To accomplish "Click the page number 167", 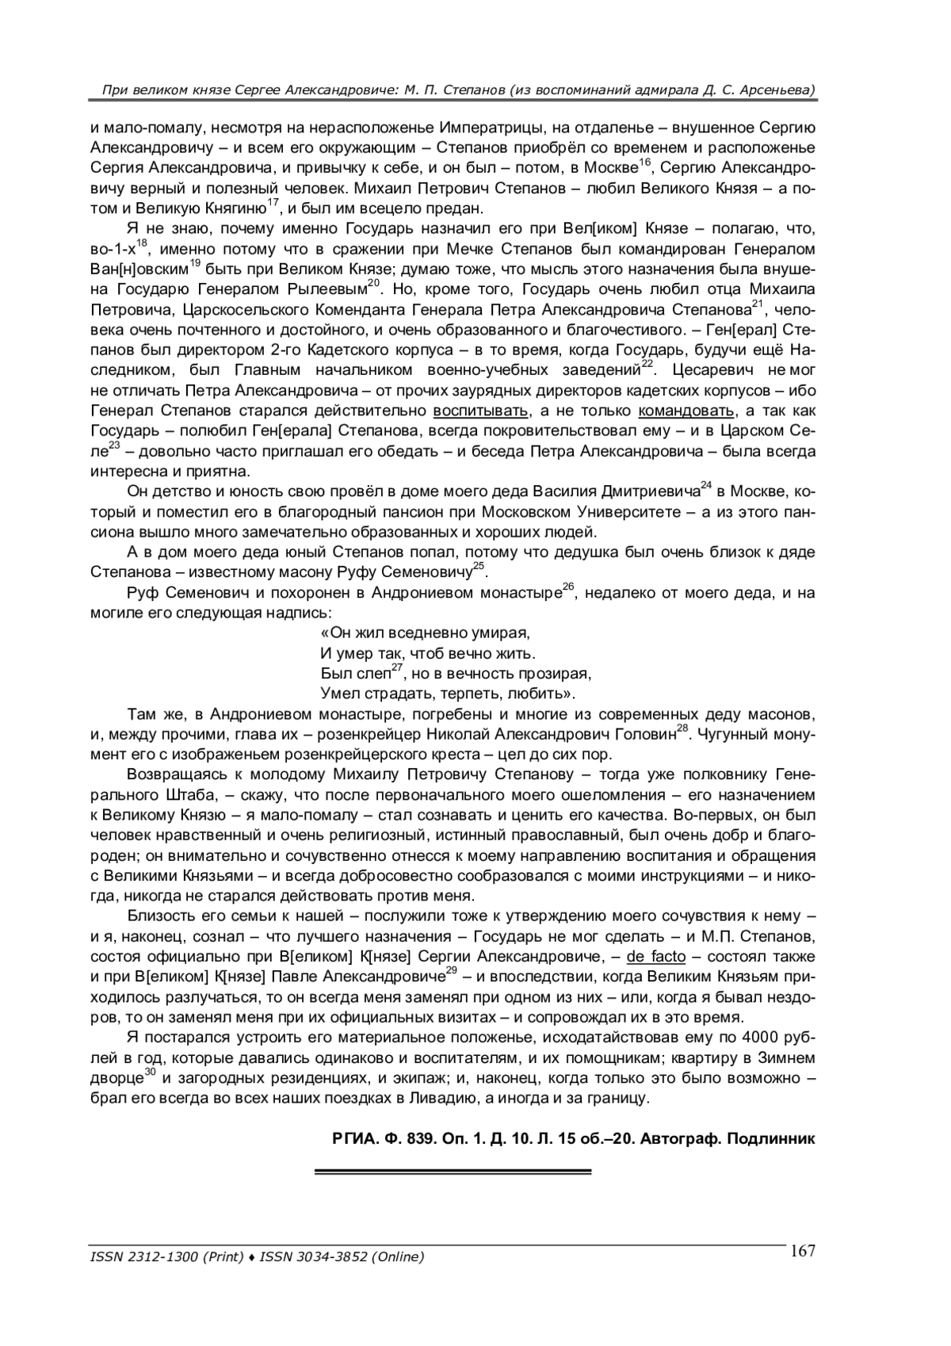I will click(x=802, y=1251).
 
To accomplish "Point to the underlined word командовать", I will click(x=687, y=411).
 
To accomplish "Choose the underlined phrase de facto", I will click(x=656, y=957).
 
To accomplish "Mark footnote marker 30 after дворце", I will click(x=150, y=1072).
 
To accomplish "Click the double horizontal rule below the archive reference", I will click(x=453, y=1172).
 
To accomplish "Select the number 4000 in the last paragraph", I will click(x=760, y=1038).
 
